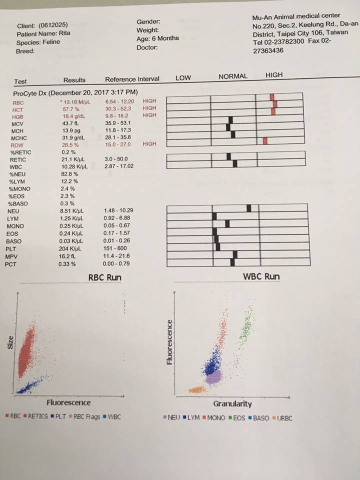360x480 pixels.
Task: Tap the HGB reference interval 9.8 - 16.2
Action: pos(117,115)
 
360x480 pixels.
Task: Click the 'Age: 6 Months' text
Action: pos(157,38)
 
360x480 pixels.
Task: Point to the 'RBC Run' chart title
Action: pos(104,277)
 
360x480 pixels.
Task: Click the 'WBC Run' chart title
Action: pos(261,276)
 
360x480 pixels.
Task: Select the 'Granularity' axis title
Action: pos(232,403)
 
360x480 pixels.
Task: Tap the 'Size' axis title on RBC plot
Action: pos(11,345)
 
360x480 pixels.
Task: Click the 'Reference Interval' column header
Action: pos(132,79)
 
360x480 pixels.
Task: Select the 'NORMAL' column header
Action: pos(233,76)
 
